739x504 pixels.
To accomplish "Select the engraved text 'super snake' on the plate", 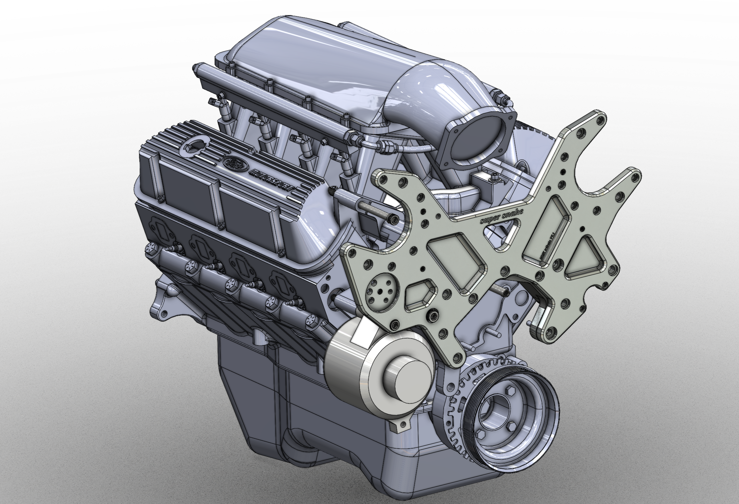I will point(502,217).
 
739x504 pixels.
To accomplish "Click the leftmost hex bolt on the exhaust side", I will point(151,250).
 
